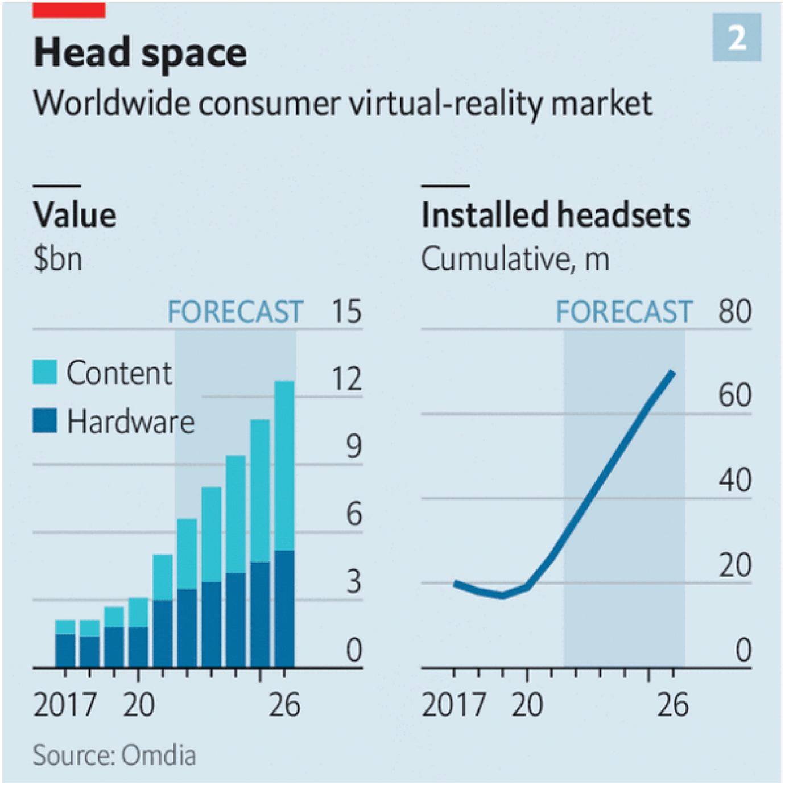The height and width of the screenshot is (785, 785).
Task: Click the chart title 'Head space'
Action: (140, 53)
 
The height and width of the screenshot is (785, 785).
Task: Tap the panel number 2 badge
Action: (737, 38)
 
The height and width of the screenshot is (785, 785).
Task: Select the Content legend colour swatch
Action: (45, 372)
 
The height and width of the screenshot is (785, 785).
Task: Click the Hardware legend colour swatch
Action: (45, 421)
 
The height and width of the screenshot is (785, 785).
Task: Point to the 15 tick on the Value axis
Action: (346, 312)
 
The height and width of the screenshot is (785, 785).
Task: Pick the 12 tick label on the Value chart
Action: (346, 379)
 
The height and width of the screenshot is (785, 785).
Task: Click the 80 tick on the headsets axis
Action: (734, 312)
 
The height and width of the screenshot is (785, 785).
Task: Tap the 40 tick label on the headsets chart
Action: (734, 481)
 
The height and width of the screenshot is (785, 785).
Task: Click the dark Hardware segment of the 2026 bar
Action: (284, 609)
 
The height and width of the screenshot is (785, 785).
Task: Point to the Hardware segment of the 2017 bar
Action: (65, 650)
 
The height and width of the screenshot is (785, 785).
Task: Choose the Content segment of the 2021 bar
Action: (163, 577)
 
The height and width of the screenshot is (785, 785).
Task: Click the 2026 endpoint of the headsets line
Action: (673, 373)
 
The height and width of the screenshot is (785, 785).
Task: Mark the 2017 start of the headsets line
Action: (456, 583)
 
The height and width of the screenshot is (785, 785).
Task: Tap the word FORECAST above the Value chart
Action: (235, 312)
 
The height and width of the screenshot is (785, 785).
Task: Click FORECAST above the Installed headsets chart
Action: (624, 312)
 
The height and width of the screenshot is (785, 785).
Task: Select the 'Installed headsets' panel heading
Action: (556, 216)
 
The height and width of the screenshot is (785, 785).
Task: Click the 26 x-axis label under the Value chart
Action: (284, 705)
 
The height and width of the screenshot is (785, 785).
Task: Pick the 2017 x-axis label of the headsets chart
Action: (453, 705)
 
